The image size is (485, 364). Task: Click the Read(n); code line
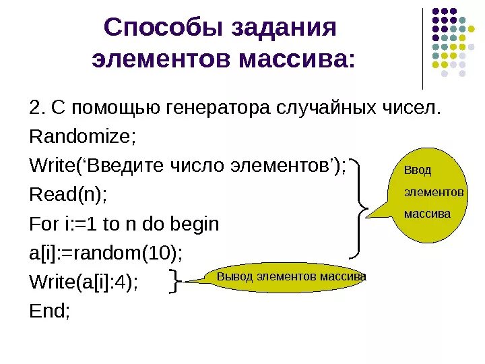click(68, 195)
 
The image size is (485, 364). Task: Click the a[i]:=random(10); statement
click(106, 253)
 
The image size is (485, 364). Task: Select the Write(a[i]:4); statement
click(84, 282)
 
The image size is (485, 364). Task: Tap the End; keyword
click(50, 311)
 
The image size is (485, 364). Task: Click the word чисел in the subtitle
click(416, 109)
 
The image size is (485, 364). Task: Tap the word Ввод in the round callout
click(417, 171)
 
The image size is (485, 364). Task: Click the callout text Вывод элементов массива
click(291, 277)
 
